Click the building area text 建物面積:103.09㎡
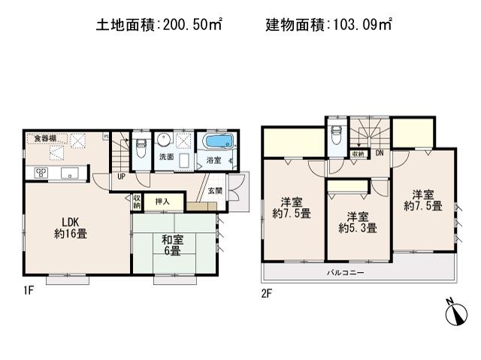coord(329,25)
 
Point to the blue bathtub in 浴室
coord(219,142)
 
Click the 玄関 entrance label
coord(215,191)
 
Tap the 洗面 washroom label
coord(165,158)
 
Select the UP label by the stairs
coord(120,177)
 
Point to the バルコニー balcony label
coord(345,272)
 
